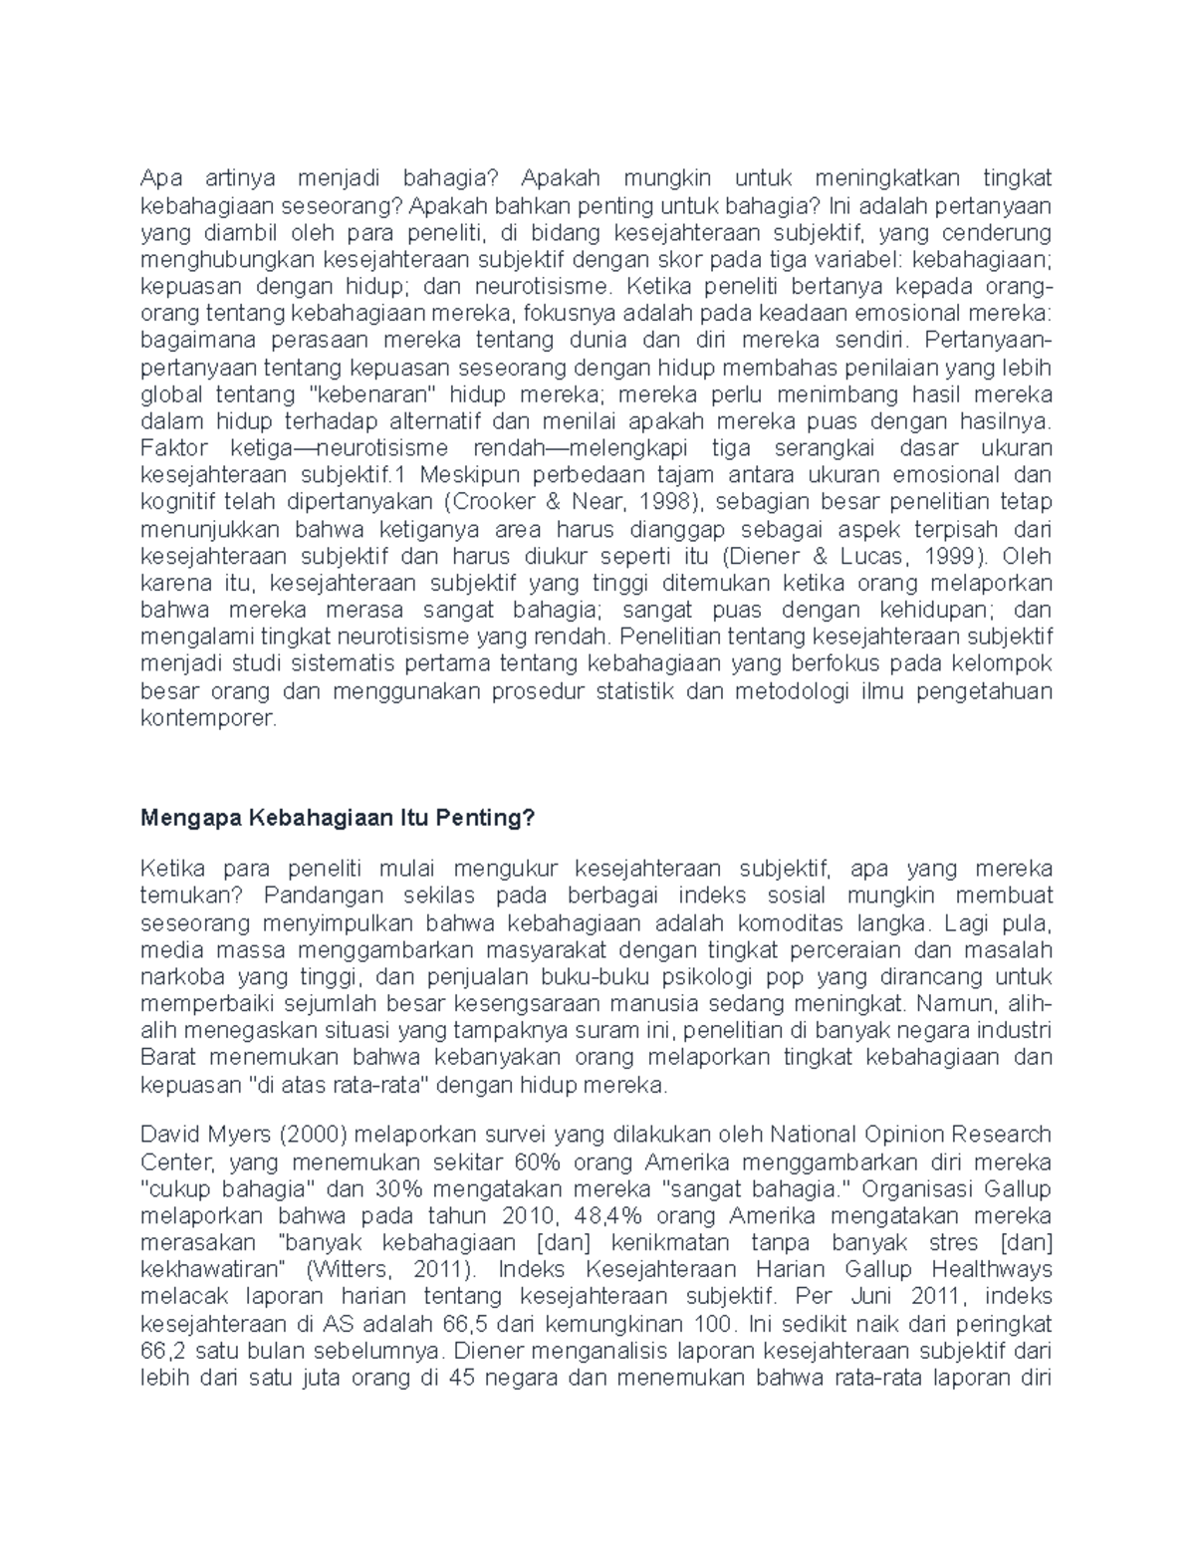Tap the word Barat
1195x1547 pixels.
(x=169, y=1056)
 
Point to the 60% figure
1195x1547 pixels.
(x=537, y=1161)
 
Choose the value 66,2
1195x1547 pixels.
(x=165, y=1351)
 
